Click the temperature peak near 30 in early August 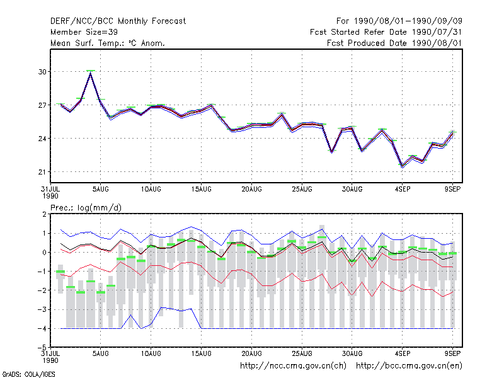91,72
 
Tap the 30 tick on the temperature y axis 42,72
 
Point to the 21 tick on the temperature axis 42,172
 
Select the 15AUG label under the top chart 201,190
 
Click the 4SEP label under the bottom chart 403,353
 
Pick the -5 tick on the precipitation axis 42,348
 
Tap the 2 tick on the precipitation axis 44,214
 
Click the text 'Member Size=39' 84,32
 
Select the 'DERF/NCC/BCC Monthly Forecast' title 118,21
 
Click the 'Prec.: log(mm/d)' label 86,208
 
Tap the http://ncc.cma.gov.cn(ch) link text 293,366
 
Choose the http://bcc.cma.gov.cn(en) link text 409,366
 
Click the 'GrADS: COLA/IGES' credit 28,374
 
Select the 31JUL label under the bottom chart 50,353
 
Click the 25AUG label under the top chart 302,190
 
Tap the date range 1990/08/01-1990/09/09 408,21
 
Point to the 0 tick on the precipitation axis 44,253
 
